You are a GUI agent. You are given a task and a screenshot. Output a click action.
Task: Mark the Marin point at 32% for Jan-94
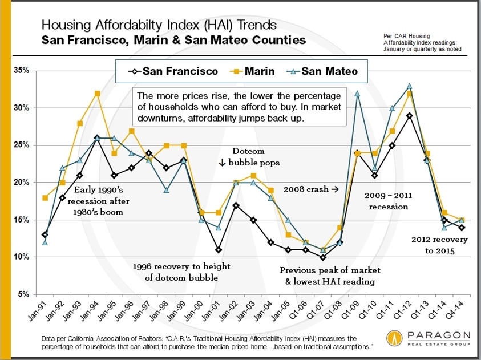click(97, 93)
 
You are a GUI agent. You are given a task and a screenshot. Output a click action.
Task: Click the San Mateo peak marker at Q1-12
click(409, 86)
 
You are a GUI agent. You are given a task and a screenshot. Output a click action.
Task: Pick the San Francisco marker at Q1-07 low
click(322, 257)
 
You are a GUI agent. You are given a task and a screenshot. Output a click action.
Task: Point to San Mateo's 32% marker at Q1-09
click(357, 93)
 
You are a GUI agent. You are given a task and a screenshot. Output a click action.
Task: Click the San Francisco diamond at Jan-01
click(219, 250)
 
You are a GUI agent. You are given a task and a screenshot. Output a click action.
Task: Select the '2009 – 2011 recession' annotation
click(387, 200)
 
